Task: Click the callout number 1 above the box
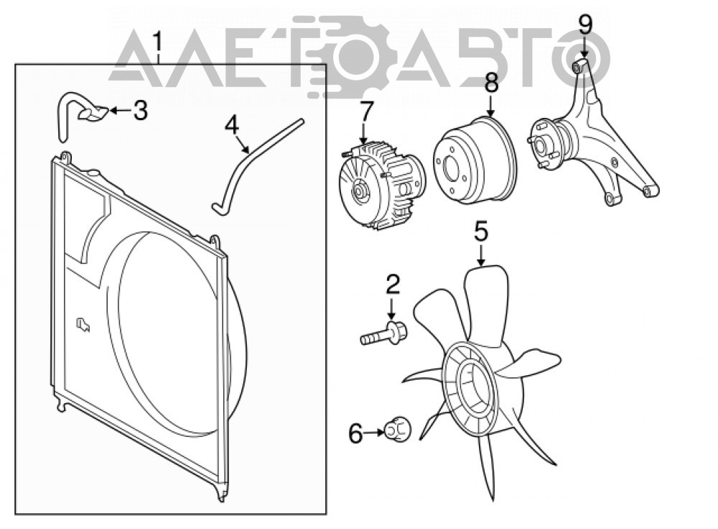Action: point(158,41)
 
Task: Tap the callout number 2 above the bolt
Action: point(393,284)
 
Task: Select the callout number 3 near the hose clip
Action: point(141,111)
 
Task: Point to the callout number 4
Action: point(232,125)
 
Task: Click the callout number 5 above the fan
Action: point(481,232)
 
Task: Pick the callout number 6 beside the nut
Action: point(356,433)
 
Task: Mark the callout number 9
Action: point(585,25)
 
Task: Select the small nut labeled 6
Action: point(397,431)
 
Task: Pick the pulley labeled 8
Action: point(475,160)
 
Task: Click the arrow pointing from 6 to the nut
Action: point(375,432)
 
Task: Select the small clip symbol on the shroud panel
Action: point(83,325)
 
